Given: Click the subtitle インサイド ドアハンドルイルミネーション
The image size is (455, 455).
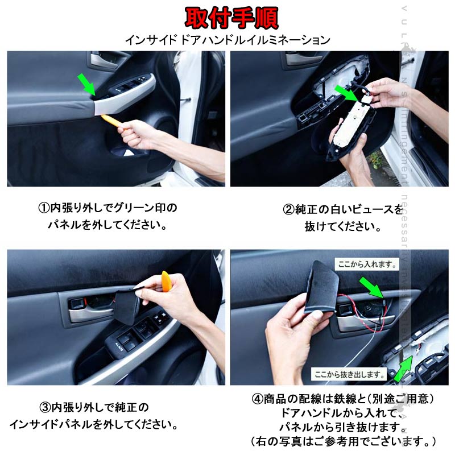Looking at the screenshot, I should [x=227, y=40].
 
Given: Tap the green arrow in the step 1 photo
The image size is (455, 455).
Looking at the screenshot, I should [x=87, y=84].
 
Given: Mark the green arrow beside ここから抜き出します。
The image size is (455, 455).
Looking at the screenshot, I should [x=404, y=370].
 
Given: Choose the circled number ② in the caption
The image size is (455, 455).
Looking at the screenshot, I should [x=288, y=210].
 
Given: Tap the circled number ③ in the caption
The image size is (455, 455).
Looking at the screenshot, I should [x=45, y=408].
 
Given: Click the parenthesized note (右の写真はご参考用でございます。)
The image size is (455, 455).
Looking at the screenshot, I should [x=343, y=441].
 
